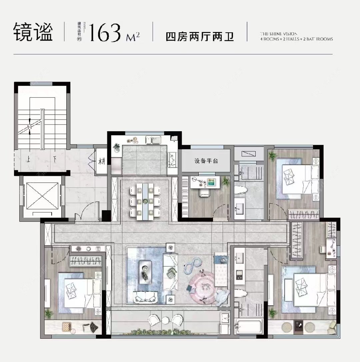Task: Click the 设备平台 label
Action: [x=206, y=161]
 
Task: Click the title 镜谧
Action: [x=33, y=32]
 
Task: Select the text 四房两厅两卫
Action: [x=200, y=36]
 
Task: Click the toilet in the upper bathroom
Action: [x=241, y=190]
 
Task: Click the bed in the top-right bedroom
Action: [x=297, y=180]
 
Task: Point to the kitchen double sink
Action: [x=153, y=140]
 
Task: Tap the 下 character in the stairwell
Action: [x=55, y=159]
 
